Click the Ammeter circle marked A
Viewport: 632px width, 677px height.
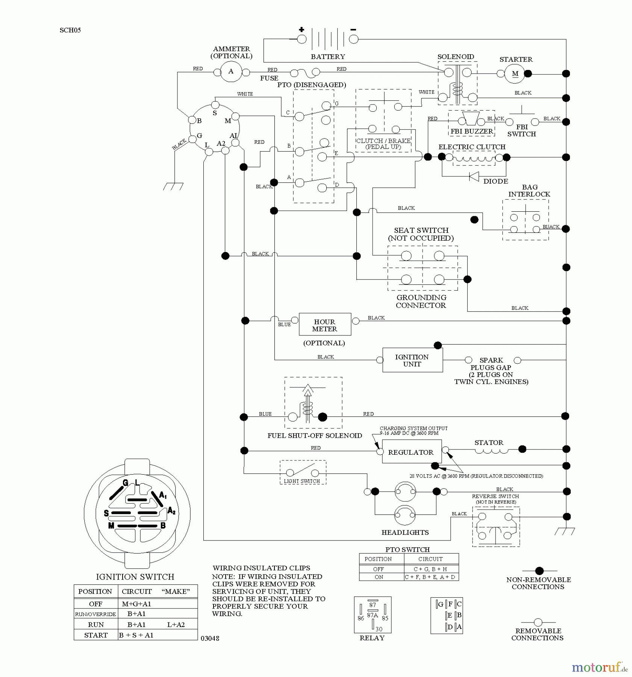(x=231, y=72)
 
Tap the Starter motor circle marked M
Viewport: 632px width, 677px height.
(x=515, y=74)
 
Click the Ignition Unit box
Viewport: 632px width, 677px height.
(x=412, y=360)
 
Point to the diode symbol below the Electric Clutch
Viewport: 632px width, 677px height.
(x=474, y=176)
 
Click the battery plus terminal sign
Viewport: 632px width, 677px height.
(x=302, y=29)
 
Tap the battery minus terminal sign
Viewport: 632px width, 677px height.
(x=353, y=29)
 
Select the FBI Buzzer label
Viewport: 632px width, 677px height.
(x=472, y=131)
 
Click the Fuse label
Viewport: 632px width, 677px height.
(x=269, y=78)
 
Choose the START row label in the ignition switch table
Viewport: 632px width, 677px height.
(x=96, y=635)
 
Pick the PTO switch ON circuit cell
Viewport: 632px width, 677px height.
(x=431, y=577)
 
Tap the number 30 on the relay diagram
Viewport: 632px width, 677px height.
(x=379, y=629)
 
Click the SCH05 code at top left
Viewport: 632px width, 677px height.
(x=70, y=30)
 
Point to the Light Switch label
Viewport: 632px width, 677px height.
(x=302, y=481)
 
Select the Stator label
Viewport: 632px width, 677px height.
(x=489, y=442)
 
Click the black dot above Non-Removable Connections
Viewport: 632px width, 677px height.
(x=539, y=571)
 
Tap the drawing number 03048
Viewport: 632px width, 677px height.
(x=210, y=638)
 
